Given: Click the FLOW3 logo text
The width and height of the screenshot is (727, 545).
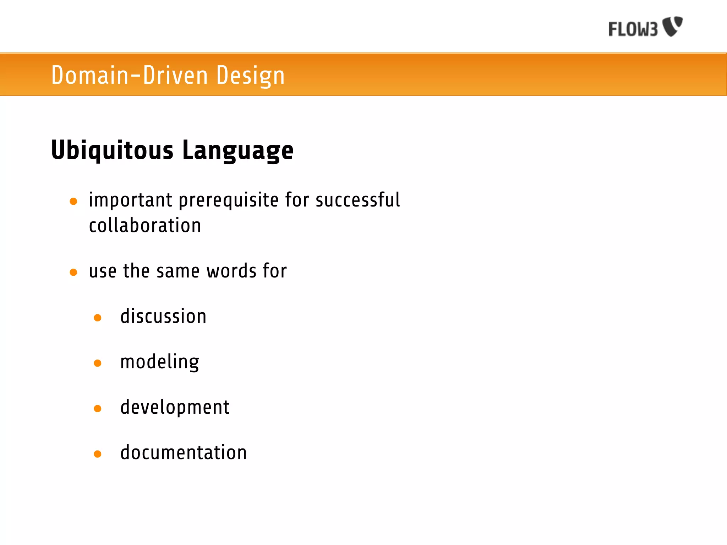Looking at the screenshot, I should (633, 29).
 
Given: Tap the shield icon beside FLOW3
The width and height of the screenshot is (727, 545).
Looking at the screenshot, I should (673, 26).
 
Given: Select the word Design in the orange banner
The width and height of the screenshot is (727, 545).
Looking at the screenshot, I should (250, 76).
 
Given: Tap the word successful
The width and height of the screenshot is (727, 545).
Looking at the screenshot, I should (358, 200).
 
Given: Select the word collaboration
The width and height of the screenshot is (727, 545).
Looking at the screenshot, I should (145, 226).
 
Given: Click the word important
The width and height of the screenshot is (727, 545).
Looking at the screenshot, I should (131, 200).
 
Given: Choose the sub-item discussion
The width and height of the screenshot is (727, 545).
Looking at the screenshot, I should (163, 316).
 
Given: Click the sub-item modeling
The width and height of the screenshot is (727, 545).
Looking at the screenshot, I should (160, 362).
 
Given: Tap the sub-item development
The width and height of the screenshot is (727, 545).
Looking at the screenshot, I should (175, 408).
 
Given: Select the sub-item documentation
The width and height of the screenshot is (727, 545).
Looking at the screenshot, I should (184, 453).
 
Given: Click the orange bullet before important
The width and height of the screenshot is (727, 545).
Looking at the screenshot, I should (73, 202).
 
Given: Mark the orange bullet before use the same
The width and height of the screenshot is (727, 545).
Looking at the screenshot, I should (73, 272).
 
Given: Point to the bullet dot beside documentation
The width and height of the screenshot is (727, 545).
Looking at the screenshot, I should (98, 454).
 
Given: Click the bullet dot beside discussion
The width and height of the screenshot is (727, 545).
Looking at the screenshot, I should (98, 318).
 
